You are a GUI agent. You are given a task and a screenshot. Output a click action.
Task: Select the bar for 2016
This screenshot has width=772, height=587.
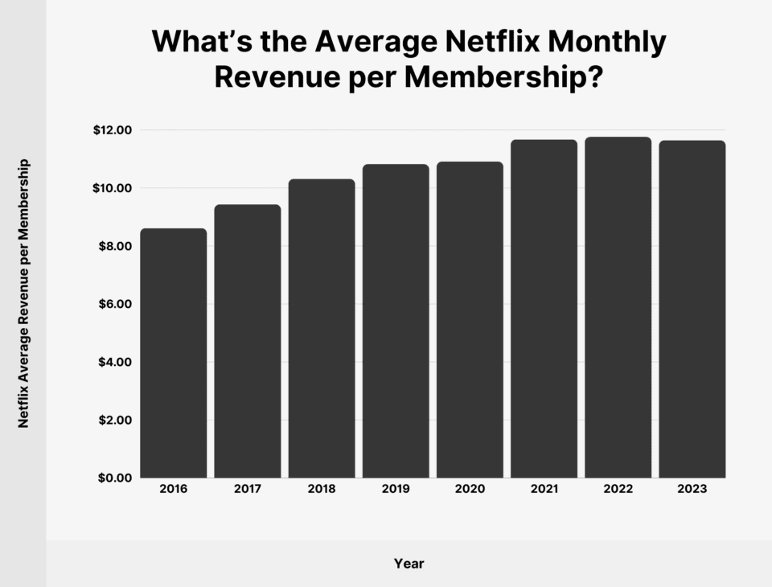click(174, 354)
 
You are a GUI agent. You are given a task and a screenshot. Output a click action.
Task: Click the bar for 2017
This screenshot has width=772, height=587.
click(248, 342)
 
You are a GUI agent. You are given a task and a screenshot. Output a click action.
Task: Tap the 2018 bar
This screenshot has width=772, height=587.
click(322, 329)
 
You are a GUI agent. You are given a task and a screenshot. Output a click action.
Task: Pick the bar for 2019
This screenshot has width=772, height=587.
click(396, 322)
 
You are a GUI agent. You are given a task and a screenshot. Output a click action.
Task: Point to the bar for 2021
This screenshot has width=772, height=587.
click(544, 310)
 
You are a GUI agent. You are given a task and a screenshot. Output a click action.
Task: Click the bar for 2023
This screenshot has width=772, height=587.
click(692, 310)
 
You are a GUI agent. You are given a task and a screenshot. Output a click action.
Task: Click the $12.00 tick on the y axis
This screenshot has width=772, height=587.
click(113, 130)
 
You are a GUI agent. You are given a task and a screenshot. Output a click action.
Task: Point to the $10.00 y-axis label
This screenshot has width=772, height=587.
click(113, 188)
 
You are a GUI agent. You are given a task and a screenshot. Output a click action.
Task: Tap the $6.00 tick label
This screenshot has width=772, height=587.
click(116, 304)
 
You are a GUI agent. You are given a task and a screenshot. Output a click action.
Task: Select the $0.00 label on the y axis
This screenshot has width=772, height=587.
click(116, 478)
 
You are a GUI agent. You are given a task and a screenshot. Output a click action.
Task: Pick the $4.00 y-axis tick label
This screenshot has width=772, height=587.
click(116, 362)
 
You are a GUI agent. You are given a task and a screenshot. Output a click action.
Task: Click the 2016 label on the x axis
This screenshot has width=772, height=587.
click(174, 489)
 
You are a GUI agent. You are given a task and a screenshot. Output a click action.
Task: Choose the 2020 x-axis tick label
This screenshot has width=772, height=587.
click(470, 489)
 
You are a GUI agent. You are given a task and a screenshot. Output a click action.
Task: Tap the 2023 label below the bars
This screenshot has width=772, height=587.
click(692, 489)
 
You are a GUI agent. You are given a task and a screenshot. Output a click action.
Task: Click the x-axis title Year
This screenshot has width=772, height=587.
click(409, 564)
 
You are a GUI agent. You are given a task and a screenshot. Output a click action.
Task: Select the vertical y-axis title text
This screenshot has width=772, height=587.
click(24, 293)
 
